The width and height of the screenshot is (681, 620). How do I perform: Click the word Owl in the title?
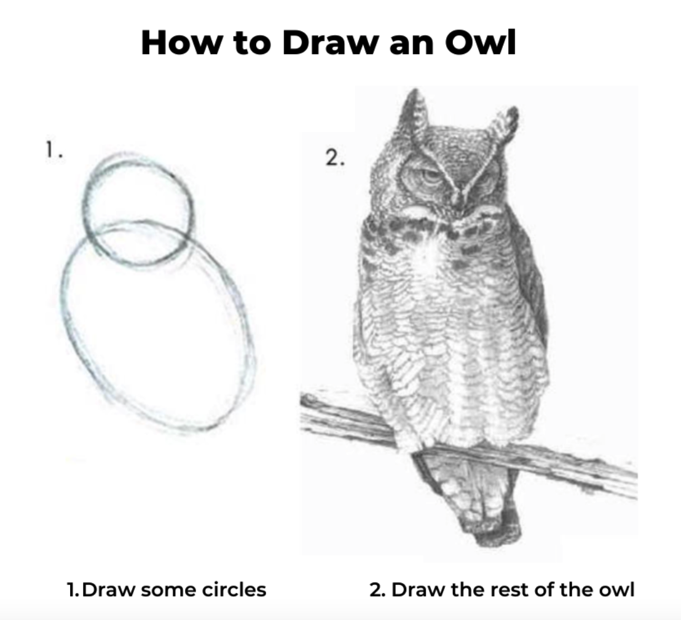pyautogui.click(x=481, y=42)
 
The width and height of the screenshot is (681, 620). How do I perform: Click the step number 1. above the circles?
pyautogui.click(x=54, y=151)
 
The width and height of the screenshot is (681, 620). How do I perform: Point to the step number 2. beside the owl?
pyautogui.click(x=335, y=158)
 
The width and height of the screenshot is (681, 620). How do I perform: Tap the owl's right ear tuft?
pyautogui.click(x=504, y=124)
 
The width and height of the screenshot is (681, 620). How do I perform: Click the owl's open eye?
pyautogui.click(x=431, y=176)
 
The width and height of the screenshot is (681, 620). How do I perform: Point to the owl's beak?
pyautogui.click(x=458, y=201)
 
